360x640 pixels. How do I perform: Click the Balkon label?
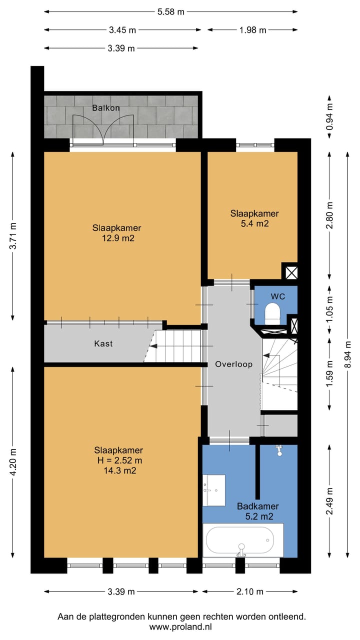tap(105, 108)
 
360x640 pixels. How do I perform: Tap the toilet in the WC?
tap(272, 313)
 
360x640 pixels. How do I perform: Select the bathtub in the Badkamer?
tap(243, 540)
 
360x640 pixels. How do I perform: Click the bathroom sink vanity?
tap(213, 490)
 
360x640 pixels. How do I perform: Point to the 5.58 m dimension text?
tap(171, 12)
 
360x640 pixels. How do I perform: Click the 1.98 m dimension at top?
tap(253, 30)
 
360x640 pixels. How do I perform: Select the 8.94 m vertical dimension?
tap(347, 354)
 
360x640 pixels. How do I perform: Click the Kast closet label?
tap(103, 343)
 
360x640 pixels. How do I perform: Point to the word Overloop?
tap(233, 364)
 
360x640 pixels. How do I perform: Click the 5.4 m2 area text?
tap(255, 223)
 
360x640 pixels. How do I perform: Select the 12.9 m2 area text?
tap(118, 238)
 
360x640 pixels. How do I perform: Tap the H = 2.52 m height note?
tap(119, 460)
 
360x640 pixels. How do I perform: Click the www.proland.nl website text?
tap(180, 627)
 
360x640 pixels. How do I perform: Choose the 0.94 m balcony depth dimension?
tap(329, 117)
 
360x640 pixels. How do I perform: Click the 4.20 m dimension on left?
tap(13, 462)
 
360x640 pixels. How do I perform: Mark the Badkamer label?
tap(258, 506)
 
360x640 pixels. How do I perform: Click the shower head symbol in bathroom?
tap(279, 450)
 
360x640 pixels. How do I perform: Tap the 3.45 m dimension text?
tap(122, 30)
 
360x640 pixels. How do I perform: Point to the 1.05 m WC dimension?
tap(329, 309)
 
